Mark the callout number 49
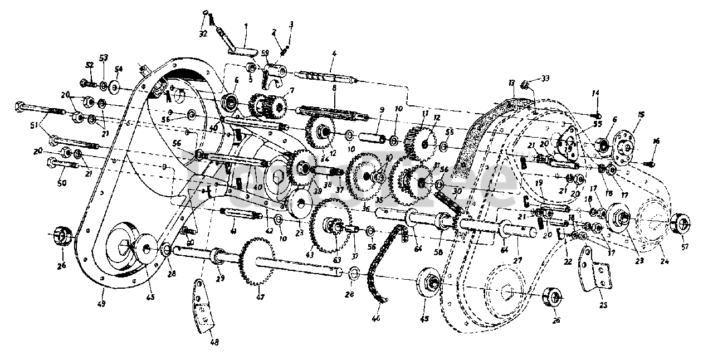click(102, 304)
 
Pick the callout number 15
click(641, 115)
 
